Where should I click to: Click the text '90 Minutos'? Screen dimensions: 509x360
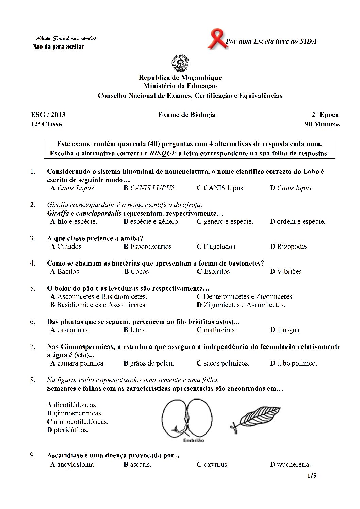(x=322, y=124)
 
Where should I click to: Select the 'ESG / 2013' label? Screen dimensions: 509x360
(x=48, y=115)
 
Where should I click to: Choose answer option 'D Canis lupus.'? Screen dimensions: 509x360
(x=292, y=188)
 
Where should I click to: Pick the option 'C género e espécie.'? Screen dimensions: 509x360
(x=225, y=222)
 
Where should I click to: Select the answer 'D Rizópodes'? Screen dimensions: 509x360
(x=289, y=247)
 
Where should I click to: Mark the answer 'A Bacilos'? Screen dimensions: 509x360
(x=65, y=271)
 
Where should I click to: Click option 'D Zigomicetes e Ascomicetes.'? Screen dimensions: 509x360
(x=241, y=305)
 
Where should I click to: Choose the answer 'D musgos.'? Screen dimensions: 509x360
(x=285, y=330)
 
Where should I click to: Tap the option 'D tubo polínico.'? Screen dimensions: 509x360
(x=294, y=363)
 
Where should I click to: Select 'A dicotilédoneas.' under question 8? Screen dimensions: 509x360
(x=72, y=405)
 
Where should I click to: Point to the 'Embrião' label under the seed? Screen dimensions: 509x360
(x=193, y=440)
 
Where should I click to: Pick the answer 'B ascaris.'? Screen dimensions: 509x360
(x=137, y=464)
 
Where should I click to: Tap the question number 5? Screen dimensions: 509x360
(x=33, y=288)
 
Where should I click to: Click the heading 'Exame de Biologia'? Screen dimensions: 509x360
(x=186, y=115)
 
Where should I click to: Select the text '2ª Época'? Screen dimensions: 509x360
(x=325, y=115)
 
